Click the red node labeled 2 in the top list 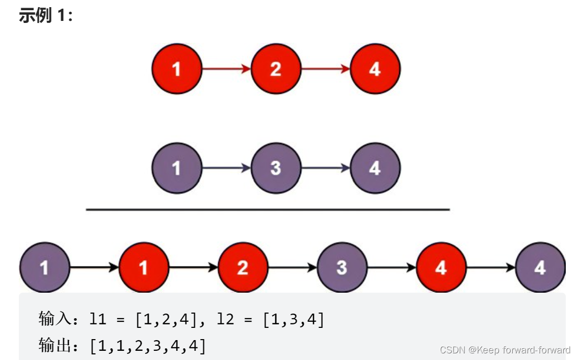point(276,69)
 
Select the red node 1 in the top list point(177,69)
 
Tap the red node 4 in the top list point(375,69)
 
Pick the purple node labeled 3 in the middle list point(276,168)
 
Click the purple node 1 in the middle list point(177,168)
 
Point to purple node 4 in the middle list point(375,168)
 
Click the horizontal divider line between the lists point(268,209)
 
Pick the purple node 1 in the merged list point(44,267)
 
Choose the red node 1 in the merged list point(144,267)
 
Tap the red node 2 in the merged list point(243,267)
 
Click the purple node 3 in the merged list point(342,267)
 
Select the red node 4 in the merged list point(441,267)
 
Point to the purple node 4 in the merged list point(540,267)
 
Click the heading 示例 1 point(45,15)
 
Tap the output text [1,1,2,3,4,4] point(148,346)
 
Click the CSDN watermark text point(505,350)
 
